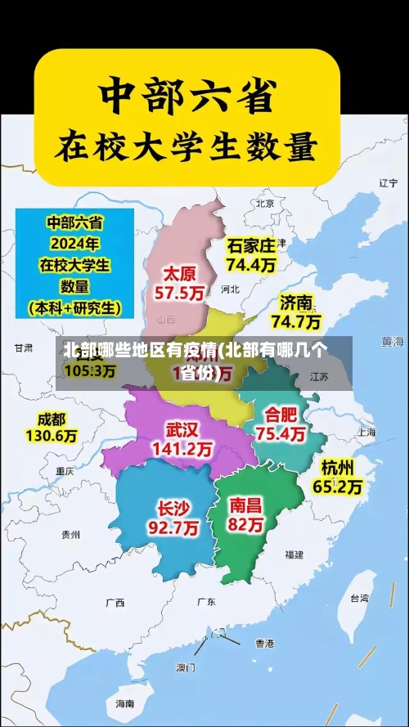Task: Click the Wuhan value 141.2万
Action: click(x=182, y=449)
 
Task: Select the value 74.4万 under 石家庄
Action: click(x=251, y=265)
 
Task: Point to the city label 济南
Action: click(x=296, y=302)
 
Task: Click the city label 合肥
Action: click(x=281, y=414)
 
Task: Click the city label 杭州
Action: click(x=338, y=468)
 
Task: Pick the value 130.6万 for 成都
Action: click(x=51, y=437)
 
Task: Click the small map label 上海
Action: click(x=366, y=432)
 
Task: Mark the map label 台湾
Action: click(x=359, y=598)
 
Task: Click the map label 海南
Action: click(x=124, y=702)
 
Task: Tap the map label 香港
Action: click(x=264, y=643)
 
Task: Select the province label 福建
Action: click(x=294, y=554)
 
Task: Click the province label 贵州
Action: click(x=70, y=534)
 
